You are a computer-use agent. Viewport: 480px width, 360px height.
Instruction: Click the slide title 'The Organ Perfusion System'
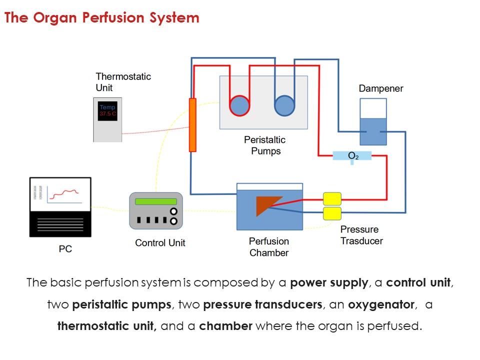pos(102,18)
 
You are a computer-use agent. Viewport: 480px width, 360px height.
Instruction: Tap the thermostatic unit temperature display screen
pos(107,110)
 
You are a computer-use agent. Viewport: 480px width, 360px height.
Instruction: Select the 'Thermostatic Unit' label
pos(123,82)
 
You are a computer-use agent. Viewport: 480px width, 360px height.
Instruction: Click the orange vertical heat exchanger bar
pos(192,125)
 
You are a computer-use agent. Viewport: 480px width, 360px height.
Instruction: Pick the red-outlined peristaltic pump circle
pos(239,105)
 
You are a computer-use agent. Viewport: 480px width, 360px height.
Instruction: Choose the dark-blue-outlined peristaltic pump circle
pos(285,105)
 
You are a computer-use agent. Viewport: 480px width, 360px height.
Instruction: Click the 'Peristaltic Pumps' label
pos(265,145)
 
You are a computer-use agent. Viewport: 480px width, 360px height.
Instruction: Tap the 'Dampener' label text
pos(380,88)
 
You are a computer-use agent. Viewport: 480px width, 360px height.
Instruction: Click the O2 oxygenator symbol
pos(352,156)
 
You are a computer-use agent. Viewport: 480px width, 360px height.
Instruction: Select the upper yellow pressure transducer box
pos(332,198)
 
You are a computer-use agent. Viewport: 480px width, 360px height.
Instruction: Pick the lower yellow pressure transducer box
pos(332,213)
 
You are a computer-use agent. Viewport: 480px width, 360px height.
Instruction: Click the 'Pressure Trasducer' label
pos(361,235)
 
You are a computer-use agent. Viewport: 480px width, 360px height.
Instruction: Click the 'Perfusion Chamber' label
pos(269,247)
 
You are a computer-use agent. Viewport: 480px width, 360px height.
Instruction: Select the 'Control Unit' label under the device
pos(160,243)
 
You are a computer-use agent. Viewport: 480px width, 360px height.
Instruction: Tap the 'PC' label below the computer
pos(65,248)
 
